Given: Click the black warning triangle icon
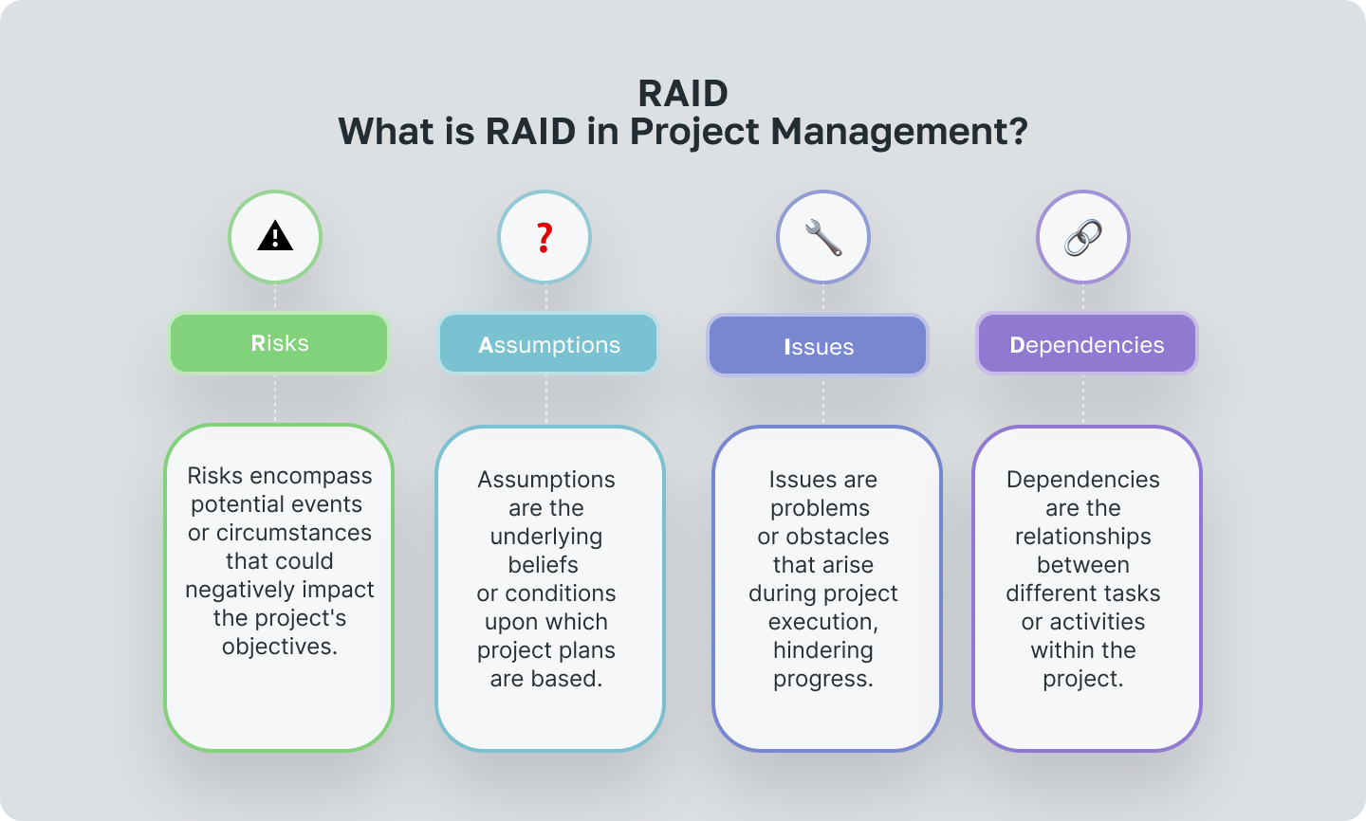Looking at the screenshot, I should [x=275, y=236].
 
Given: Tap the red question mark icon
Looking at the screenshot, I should [x=545, y=237].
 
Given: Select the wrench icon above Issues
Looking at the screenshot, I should [x=822, y=237].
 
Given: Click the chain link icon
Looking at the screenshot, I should [x=1082, y=237].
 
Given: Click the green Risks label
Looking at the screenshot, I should [x=279, y=343].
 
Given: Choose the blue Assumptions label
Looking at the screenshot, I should [x=548, y=345].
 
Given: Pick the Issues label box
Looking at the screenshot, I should [x=818, y=346].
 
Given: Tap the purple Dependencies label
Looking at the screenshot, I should [x=1086, y=345].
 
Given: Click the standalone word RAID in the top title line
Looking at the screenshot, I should [x=683, y=94].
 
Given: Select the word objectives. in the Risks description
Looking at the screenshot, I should [x=280, y=647].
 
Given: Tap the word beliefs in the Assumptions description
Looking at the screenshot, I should [x=544, y=565].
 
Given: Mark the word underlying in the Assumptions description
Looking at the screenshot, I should [x=546, y=537].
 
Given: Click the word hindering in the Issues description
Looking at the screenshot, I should [x=822, y=650].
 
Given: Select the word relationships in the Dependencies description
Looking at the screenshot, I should [x=1082, y=537].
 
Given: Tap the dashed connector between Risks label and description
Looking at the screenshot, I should [x=275, y=398].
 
